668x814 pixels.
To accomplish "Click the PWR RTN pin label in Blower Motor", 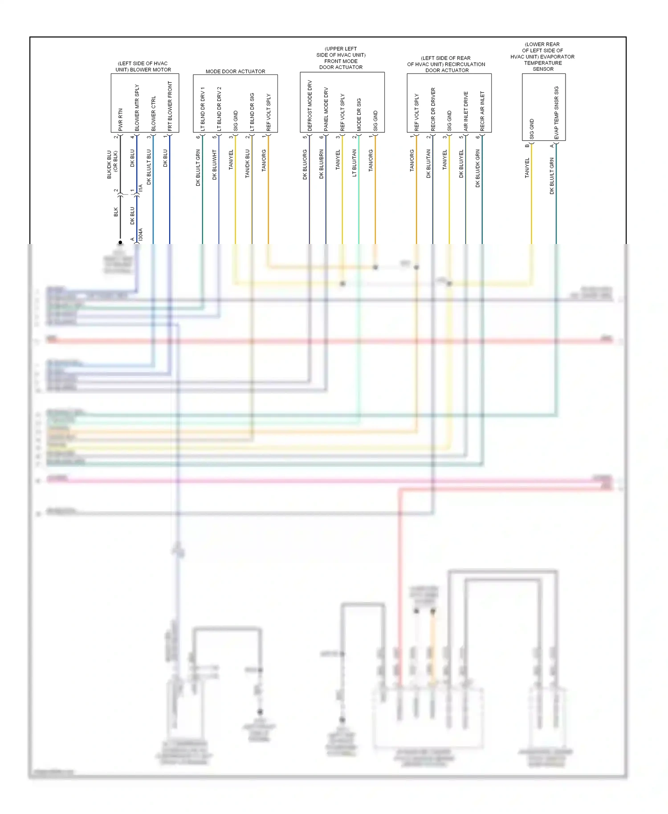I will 120,119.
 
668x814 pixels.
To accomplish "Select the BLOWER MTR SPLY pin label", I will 137,108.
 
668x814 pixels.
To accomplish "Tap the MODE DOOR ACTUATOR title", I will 235,71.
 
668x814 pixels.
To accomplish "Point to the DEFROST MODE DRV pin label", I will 310,106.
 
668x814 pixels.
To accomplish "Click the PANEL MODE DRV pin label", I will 326,109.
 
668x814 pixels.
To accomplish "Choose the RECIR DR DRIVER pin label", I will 433,109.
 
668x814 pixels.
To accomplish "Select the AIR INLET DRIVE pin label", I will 466,111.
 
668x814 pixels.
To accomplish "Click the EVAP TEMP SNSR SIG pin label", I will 556,113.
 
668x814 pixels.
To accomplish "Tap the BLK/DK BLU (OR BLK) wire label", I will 112,164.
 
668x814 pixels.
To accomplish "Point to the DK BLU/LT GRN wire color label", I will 198,167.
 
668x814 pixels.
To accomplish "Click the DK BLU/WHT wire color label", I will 215,165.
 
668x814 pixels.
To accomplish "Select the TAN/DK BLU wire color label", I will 248,164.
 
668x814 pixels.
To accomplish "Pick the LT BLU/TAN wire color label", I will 354,163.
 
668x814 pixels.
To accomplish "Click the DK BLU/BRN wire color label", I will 322,164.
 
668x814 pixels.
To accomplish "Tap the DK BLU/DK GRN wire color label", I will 478,168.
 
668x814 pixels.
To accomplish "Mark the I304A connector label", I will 141,235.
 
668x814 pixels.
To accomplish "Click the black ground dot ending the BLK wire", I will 120,242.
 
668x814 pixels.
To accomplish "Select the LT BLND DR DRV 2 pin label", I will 219,109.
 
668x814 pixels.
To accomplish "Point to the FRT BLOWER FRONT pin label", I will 170,106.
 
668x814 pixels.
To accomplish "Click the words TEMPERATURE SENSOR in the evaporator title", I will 543,66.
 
